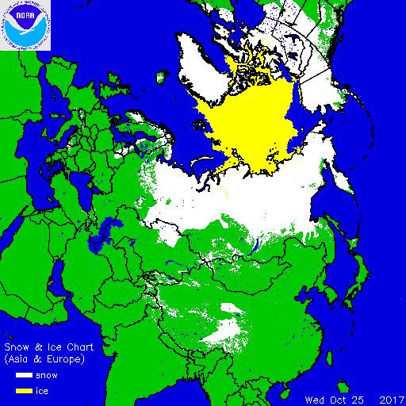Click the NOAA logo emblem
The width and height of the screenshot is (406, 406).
25,25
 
